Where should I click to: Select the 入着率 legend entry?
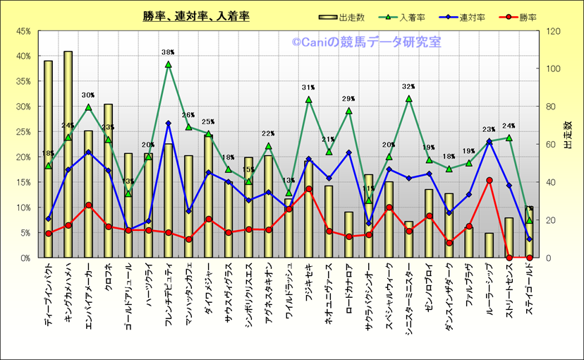click(x=410, y=17)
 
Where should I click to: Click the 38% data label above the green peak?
click(x=168, y=52)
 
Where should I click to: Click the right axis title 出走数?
click(x=570, y=144)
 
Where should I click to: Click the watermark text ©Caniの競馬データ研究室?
click(x=366, y=43)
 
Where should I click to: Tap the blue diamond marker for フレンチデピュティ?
click(x=168, y=124)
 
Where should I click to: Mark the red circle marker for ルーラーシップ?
click(x=489, y=181)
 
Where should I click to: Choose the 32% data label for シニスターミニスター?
click(x=409, y=87)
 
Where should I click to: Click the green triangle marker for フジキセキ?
click(x=308, y=100)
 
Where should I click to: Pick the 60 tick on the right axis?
click(x=552, y=144)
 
